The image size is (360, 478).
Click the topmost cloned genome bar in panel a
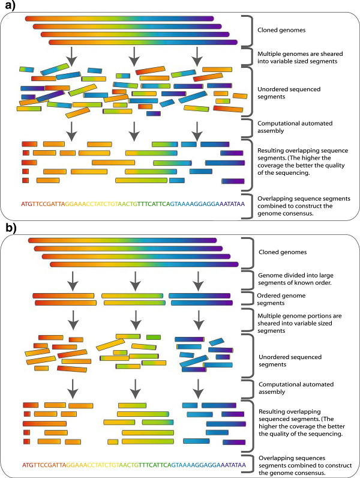point(119,19)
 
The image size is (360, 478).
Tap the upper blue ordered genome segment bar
point(199,295)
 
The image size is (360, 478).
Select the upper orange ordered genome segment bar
point(64,295)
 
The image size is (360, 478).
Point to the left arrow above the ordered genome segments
point(70,279)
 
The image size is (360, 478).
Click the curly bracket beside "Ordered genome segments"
point(245,299)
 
